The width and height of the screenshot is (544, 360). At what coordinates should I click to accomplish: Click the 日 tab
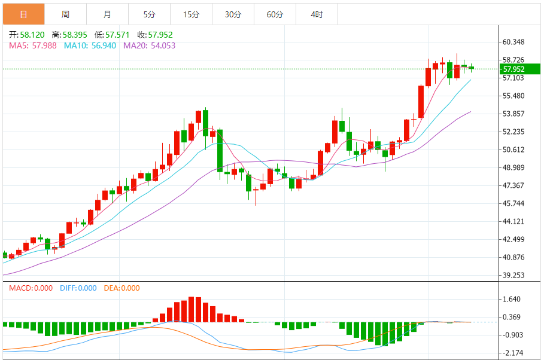click(x=23, y=14)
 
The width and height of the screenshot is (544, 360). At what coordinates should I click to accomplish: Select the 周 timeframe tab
click(x=65, y=14)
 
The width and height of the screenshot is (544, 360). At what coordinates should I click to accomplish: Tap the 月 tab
click(x=107, y=14)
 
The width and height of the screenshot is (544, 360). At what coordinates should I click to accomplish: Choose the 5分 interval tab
click(x=149, y=14)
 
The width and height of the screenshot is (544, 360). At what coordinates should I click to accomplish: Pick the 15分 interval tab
click(x=191, y=14)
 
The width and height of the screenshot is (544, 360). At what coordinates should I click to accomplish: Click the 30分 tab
click(x=233, y=14)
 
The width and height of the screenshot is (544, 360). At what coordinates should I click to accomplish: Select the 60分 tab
click(x=275, y=14)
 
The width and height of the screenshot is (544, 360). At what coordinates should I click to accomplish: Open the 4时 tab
click(x=317, y=14)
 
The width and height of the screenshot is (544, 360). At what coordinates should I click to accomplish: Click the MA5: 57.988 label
click(x=33, y=45)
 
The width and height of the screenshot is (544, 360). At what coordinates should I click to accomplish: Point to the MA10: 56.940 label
click(x=90, y=45)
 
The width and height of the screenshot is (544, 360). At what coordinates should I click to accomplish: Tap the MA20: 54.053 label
click(x=149, y=45)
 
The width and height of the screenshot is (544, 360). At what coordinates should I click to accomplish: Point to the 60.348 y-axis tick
click(x=513, y=42)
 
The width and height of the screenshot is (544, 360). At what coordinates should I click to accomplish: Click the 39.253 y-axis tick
click(x=513, y=275)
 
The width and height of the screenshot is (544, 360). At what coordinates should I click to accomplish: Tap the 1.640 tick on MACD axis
click(x=512, y=299)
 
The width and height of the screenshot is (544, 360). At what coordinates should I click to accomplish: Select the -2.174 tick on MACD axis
click(x=512, y=353)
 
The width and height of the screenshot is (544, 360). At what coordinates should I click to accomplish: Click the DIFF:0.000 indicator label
click(x=78, y=288)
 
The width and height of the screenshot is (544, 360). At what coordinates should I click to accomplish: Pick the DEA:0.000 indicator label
click(x=121, y=288)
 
